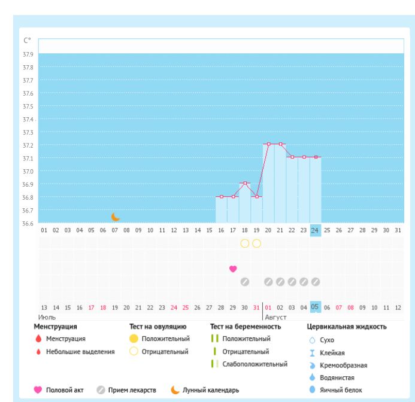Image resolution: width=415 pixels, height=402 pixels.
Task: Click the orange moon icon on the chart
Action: (x=116, y=217)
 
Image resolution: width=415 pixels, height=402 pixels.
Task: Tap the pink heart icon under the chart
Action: (x=233, y=269)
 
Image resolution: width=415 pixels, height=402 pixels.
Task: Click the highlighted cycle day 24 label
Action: (x=315, y=230)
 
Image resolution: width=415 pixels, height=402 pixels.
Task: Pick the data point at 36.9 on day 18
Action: (x=244, y=183)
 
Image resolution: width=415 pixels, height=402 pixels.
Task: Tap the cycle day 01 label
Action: (x=44, y=230)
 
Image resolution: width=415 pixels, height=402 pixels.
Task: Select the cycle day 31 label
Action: (x=397, y=230)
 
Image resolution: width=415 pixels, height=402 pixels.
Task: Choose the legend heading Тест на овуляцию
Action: (x=158, y=327)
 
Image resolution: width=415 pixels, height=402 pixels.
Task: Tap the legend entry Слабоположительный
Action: (x=255, y=364)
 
